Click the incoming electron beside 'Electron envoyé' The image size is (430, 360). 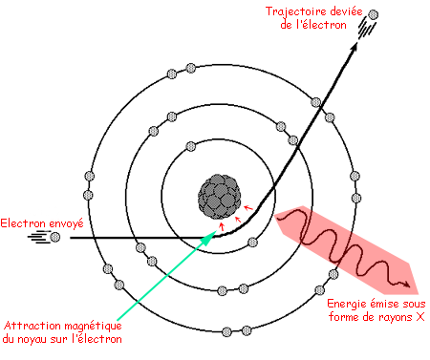pyautogui.click(x=55, y=235)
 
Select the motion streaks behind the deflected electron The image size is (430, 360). pyautogui.click(x=364, y=28)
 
